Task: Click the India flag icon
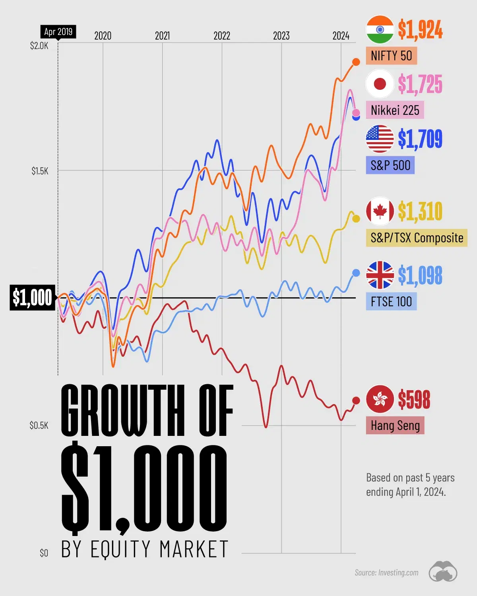(380, 29)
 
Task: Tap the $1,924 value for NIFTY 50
(420, 29)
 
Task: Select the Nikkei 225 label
(395, 110)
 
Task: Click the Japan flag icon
(380, 84)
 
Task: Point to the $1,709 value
(420, 139)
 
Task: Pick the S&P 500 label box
(390, 165)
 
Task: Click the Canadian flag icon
(380, 211)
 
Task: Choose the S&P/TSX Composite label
(417, 238)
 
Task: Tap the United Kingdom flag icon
(380, 275)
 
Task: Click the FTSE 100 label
(391, 302)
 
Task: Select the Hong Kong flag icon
(380, 399)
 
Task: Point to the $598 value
(414, 399)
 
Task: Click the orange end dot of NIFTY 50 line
(356, 62)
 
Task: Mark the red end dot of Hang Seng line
(356, 401)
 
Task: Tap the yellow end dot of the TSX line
(356, 219)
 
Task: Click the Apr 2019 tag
(58, 32)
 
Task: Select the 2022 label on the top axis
(222, 36)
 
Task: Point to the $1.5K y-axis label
(40, 171)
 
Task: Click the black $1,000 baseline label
(32, 297)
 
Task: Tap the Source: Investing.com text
(386, 573)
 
